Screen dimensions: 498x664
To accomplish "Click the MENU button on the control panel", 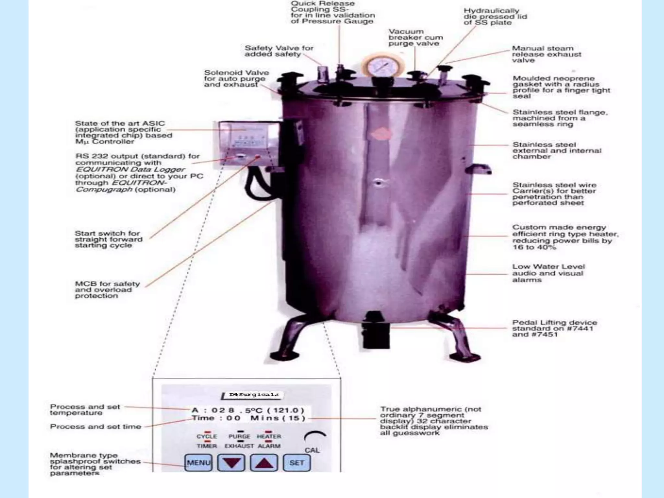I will [198, 462].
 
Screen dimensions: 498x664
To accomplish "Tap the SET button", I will [297, 462].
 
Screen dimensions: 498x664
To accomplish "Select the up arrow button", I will [264, 463].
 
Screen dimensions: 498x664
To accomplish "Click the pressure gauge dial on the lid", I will [383, 67].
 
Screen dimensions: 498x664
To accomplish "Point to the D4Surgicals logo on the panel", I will [254, 395].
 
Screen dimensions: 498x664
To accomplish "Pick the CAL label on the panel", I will [312, 450].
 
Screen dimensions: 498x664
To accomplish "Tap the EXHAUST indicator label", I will [239, 446].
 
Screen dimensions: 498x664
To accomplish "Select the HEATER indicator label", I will [269, 436].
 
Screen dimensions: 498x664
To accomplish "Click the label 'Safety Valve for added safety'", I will [279, 51].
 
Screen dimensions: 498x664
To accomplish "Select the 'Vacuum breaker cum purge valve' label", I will [415, 37].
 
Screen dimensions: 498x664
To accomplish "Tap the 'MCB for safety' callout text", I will [107, 290].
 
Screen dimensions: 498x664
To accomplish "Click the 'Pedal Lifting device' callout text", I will [554, 328].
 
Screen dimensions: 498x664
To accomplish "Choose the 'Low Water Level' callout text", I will [549, 273].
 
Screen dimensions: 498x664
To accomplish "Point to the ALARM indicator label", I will [269, 446].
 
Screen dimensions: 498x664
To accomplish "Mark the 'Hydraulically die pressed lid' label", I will [495, 17].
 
